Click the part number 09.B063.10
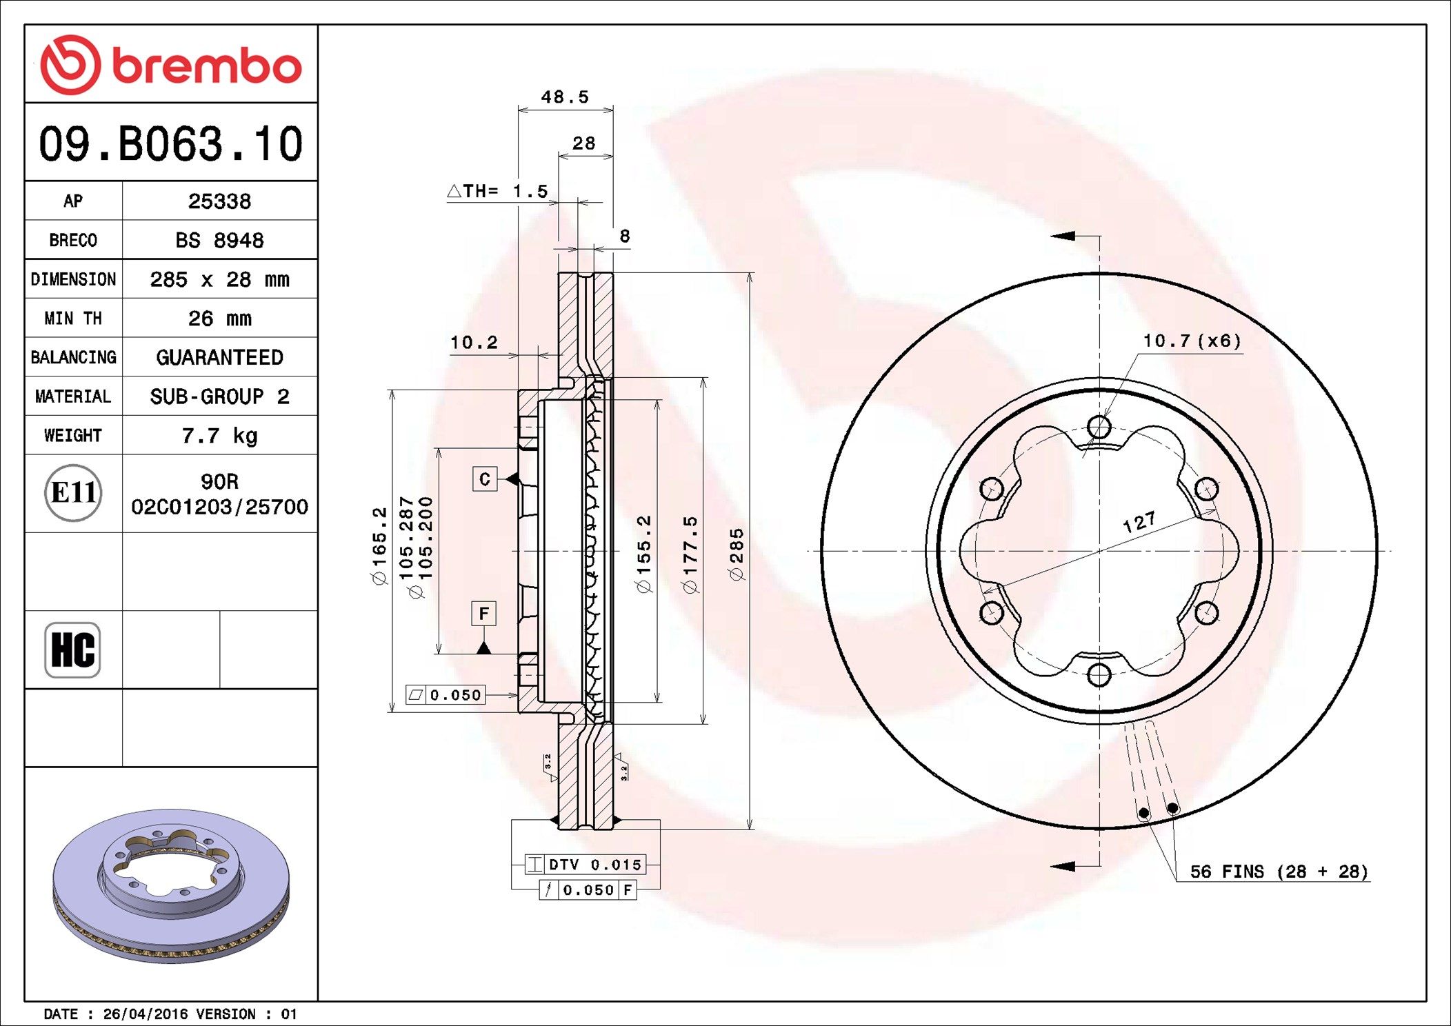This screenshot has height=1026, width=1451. point(171,144)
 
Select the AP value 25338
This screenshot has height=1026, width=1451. point(219,201)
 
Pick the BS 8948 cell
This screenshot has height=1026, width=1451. point(219,240)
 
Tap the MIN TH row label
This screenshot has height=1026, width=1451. point(73,319)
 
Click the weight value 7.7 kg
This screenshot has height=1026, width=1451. point(219,436)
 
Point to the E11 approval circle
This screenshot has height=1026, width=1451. point(73,493)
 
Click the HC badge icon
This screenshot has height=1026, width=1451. point(72,650)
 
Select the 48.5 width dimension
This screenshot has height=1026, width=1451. point(565,97)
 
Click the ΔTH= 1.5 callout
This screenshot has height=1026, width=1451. point(498,191)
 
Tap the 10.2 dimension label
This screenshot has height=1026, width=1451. point(474,343)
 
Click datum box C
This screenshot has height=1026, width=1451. point(485,479)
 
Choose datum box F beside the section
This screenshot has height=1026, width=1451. point(483,613)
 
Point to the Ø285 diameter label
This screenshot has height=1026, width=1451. point(737,554)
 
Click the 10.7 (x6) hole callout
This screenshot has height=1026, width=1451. point(1192,341)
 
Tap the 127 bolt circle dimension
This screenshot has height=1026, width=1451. point(1139,522)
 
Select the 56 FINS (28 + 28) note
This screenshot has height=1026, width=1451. point(1279,872)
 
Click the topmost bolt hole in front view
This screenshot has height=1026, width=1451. point(1099,427)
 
